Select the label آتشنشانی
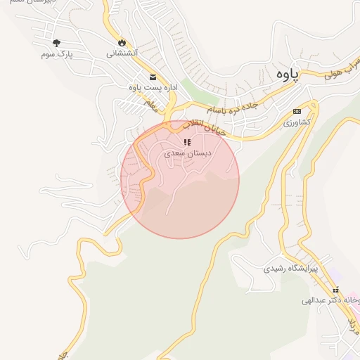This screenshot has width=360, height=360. click(122, 53)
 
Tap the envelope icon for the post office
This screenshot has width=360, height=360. click(152, 77)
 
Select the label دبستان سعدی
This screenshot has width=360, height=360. click(188, 153)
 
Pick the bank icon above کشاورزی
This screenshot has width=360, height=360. click(297, 111)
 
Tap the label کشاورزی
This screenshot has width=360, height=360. click(296, 122)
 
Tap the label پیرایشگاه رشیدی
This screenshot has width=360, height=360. click(291, 269)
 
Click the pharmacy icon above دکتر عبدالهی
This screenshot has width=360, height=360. click(336, 290)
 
